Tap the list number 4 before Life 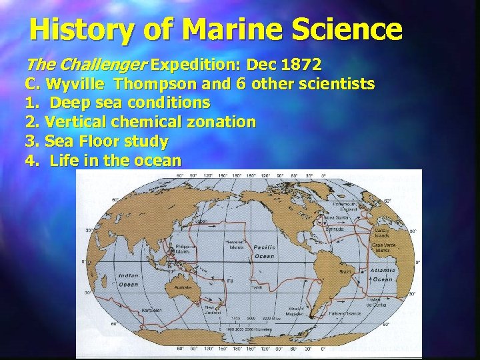[30, 161]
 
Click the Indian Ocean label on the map [129, 279]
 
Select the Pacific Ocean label [264, 251]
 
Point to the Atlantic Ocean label [383, 275]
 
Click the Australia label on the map [183, 288]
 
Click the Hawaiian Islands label [235, 244]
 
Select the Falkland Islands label [345, 313]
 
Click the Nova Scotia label [335, 217]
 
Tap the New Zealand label [214, 310]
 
